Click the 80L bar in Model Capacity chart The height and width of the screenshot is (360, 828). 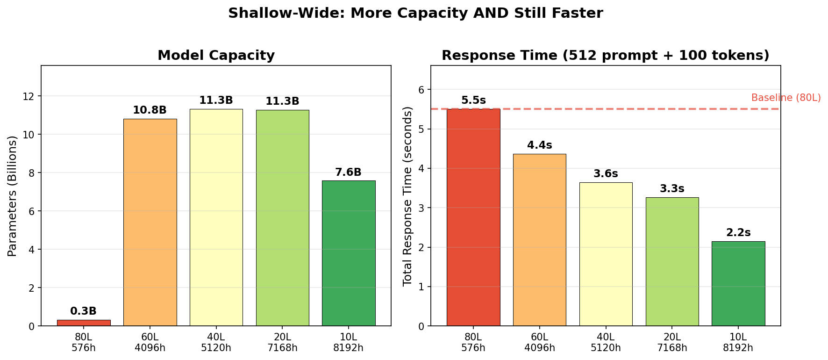tap(84, 323)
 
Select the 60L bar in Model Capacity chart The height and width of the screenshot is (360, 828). tap(150, 222)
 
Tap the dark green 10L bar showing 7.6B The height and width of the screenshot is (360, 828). tap(349, 253)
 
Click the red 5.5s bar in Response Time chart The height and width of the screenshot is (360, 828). tap(473, 217)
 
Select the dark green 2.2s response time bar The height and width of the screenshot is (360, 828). tap(738, 283)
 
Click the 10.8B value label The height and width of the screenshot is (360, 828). tap(150, 110)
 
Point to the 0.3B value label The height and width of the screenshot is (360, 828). tap(84, 311)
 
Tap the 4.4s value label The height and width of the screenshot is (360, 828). tap(540, 145)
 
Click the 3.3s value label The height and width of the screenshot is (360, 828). tap(672, 189)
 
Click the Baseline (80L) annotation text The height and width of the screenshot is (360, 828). tap(786, 98)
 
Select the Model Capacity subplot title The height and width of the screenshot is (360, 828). tap(216, 56)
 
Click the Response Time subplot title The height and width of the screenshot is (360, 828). tap(605, 56)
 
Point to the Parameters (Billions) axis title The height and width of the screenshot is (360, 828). tap(13, 196)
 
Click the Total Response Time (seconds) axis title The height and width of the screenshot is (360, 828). tap(407, 196)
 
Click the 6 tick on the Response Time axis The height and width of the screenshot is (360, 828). tap(422, 89)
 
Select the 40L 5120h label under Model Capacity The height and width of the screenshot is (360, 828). tap(216, 342)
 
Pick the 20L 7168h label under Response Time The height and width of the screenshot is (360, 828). tap(672, 342)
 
